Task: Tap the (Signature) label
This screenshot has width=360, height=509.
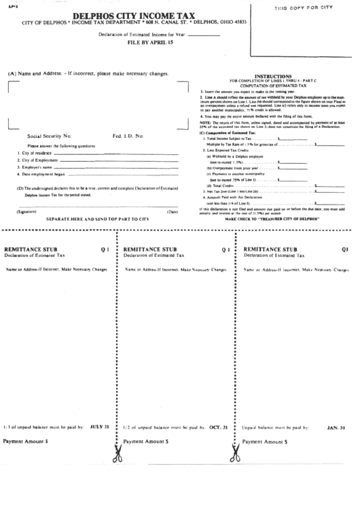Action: point(26,212)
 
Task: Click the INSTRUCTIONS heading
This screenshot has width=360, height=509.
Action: point(272,76)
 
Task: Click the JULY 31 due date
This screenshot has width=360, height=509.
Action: point(99,427)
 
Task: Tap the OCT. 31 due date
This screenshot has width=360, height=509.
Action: point(217,427)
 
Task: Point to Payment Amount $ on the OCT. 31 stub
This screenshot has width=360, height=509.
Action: point(146,441)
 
